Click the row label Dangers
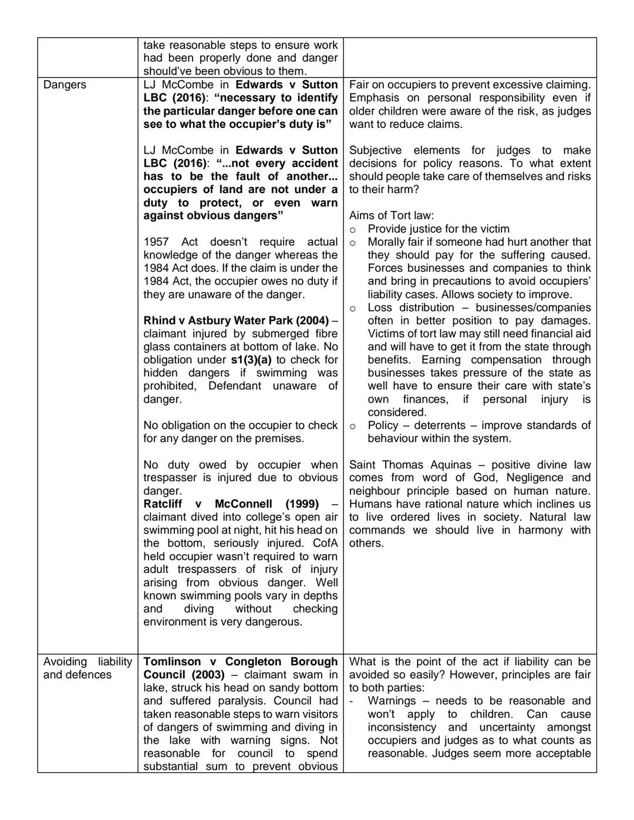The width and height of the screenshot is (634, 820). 65,85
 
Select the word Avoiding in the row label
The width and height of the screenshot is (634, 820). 65,662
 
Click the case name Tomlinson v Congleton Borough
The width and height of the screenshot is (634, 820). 240,662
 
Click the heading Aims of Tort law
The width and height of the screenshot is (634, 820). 391,215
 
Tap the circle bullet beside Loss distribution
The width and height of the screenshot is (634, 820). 353,308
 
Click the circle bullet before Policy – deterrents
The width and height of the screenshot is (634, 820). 353,426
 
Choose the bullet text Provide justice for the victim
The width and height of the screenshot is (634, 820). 438,229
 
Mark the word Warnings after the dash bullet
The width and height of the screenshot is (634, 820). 392,701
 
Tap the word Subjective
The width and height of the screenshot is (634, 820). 376,150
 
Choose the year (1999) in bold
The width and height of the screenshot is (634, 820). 301,504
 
